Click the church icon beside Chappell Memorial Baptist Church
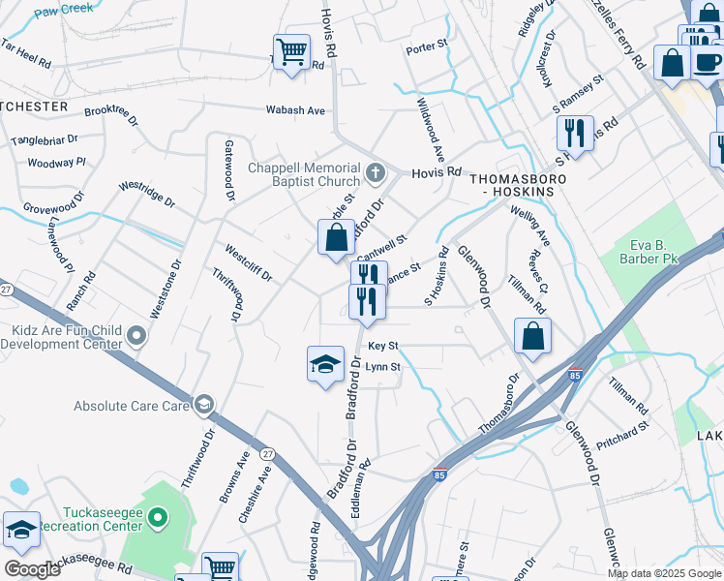(376, 174)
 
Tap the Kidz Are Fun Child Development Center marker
(136, 337)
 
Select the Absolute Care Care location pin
(203, 405)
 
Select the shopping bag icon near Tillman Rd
(532, 337)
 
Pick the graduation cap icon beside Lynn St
(325, 364)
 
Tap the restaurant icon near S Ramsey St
(576, 134)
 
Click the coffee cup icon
(708, 63)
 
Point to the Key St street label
(383, 346)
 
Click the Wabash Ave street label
(296, 110)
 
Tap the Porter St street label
(427, 46)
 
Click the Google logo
(32, 568)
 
